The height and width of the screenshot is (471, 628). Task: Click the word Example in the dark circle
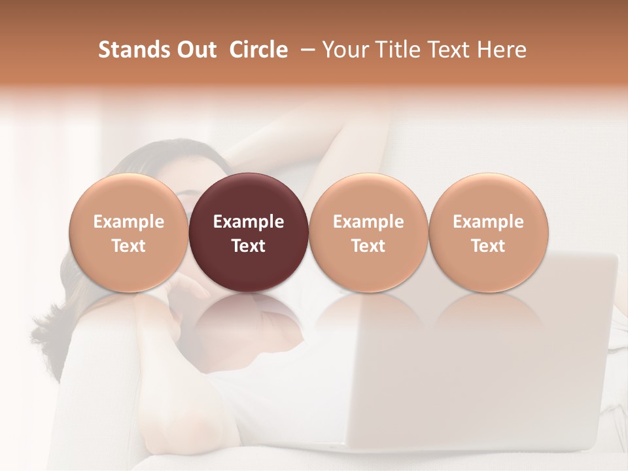[x=249, y=222]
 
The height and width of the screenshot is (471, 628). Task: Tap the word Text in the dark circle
[x=249, y=246]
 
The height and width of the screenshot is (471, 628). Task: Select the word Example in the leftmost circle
[x=129, y=222]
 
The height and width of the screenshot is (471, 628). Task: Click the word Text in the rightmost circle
[x=489, y=246]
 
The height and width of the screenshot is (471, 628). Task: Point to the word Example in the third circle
[x=368, y=222]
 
